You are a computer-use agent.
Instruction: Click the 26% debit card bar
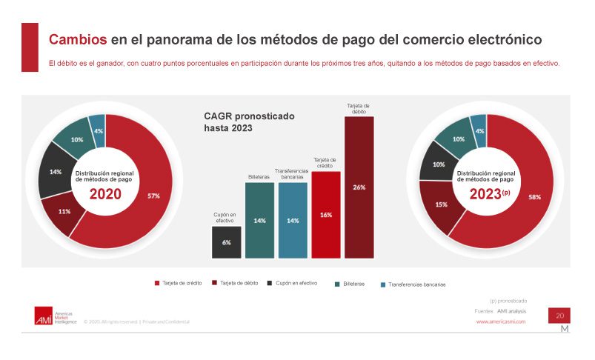(x=359, y=187)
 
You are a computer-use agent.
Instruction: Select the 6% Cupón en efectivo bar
(x=226, y=242)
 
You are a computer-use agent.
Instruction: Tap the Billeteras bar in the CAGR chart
(x=259, y=220)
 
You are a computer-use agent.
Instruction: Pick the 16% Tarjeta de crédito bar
(x=325, y=214)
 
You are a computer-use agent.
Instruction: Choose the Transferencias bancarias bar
(x=292, y=220)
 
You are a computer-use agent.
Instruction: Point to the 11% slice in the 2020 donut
(x=65, y=211)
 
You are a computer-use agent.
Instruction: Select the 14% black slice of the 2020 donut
(x=56, y=172)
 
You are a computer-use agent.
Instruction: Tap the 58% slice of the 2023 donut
(x=531, y=198)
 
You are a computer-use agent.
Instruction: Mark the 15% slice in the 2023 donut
(x=442, y=204)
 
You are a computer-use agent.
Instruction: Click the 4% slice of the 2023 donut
(x=479, y=130)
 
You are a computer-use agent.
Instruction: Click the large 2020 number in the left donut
(x=104, y=194)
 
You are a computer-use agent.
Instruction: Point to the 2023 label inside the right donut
(x=487, y=194)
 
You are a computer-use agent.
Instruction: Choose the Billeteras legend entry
(x=355, y=284)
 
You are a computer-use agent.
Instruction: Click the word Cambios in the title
(x=77, y=39)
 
